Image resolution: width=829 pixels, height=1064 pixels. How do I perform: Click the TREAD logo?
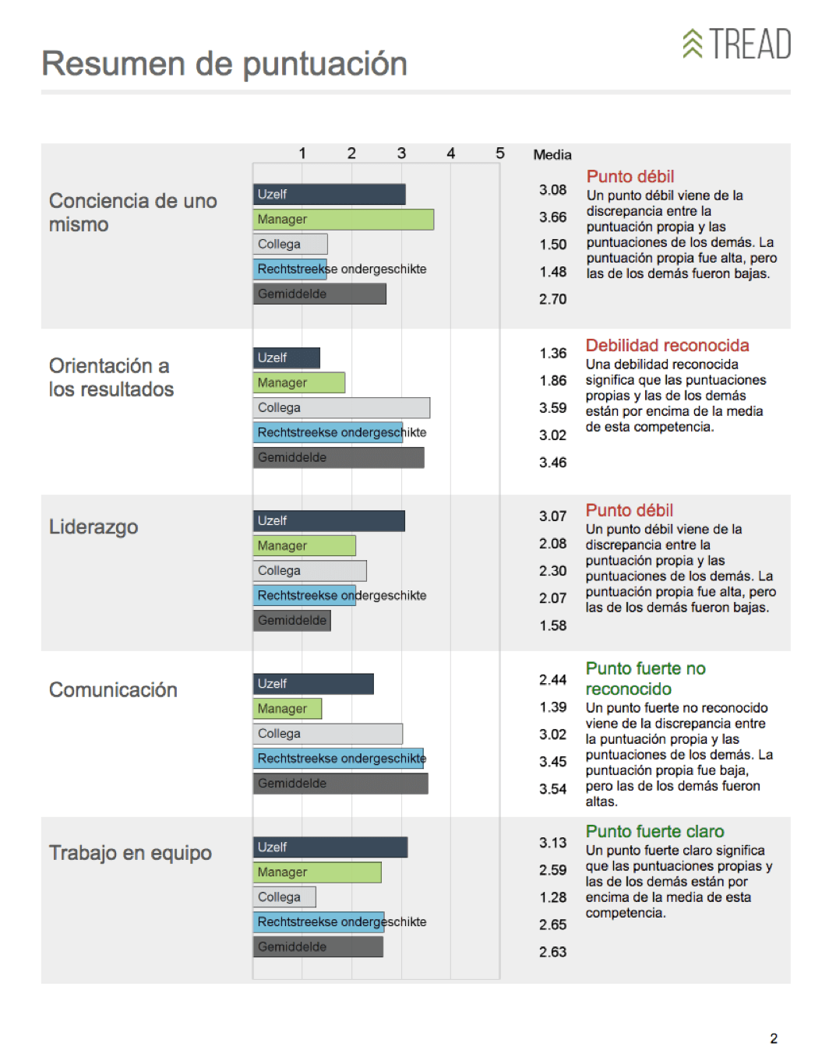click(x=737, y=44)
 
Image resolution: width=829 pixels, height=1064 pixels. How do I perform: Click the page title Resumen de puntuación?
click(x=224, y=64)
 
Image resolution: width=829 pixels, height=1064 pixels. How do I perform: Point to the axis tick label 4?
click(x=450, y=153)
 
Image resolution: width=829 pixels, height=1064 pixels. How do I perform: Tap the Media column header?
click(x=552, y=155)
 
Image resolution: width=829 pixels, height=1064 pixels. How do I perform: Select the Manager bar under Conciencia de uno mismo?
click(x=343, y=220)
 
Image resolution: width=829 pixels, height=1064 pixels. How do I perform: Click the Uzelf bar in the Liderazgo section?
click(x=329, y=520)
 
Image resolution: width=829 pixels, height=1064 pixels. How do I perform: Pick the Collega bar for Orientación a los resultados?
click(x=341, y=407)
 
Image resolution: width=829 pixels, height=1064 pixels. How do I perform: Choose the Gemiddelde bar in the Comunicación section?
click(x=340, y=784)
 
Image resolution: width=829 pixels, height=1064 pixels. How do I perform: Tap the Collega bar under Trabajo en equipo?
click(x=284, y=897)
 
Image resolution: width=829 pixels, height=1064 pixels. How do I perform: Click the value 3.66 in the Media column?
click(x=553, y=217)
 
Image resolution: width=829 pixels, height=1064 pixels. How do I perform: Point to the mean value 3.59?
click(x=553, y=408)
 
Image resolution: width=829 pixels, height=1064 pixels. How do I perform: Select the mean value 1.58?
click(x=553, y=625)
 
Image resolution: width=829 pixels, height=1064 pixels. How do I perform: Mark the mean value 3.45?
click(x=553, y=762)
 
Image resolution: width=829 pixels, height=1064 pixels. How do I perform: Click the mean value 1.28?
click(x=553, y=897)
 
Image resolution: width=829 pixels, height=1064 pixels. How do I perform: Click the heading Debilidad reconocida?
click(x=667, y=346)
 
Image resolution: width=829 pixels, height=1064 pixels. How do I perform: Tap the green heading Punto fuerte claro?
click(x=654, y=832)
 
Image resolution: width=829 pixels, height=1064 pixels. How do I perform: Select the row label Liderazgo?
click(x=93, y=527)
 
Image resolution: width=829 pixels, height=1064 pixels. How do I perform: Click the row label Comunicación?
click(x=113, y=690)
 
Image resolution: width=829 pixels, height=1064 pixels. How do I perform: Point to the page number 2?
click(x=774, y=1038)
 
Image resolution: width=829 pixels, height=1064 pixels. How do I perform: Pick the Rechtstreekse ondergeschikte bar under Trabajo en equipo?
click(x=319, y=922)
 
